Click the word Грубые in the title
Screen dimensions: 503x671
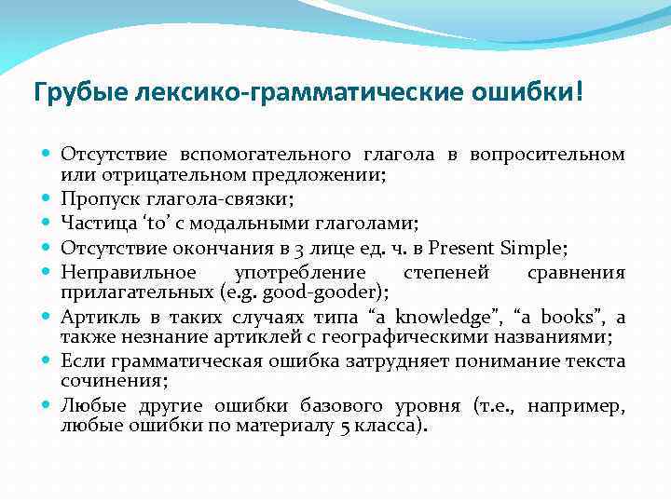coord(74,93)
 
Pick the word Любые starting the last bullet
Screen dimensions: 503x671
coord(88,406)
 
